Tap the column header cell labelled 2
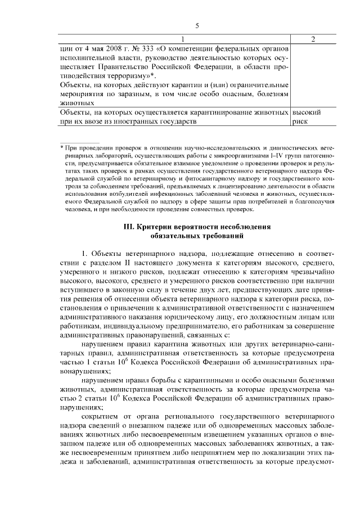click(313, 39)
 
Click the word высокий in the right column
click(307, 112)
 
